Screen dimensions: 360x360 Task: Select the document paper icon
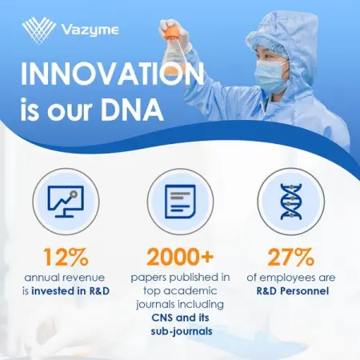click(x=180, y=201)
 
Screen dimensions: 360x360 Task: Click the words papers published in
click(x=180, y=277)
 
